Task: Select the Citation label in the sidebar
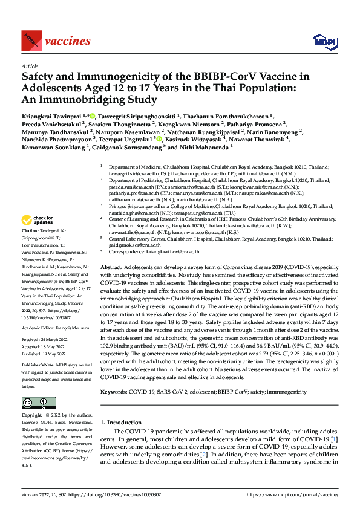click(x=30, y=230)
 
